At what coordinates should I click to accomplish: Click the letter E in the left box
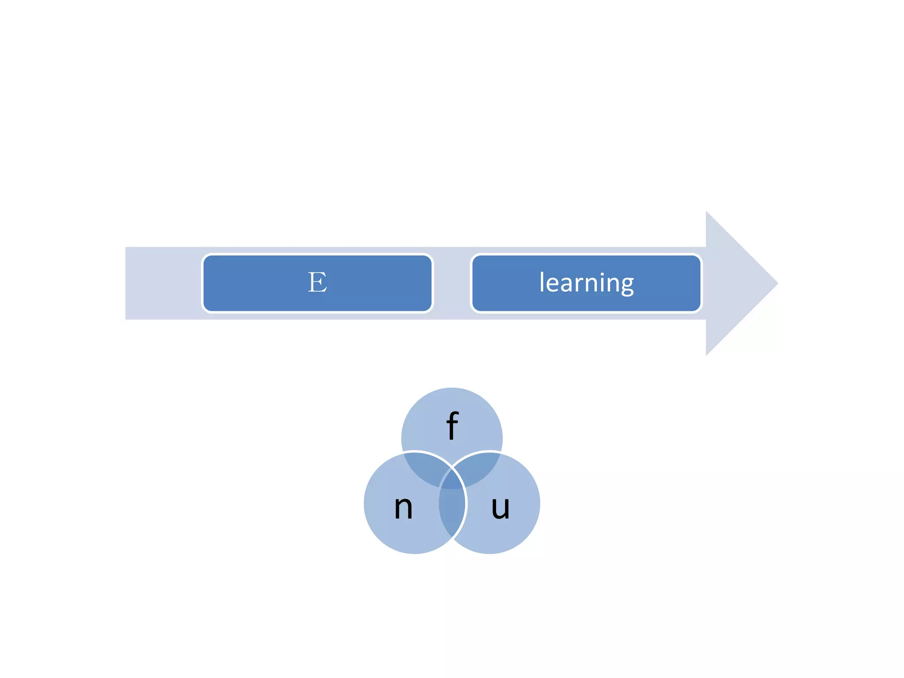[317, 282]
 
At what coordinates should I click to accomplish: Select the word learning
[586, 282]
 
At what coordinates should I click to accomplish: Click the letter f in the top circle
[452, 426]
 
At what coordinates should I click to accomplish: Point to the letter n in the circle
[403, 507]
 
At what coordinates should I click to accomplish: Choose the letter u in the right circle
[500, 507]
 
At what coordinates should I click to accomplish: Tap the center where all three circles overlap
[452, 481]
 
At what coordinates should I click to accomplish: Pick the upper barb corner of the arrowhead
[707, 213]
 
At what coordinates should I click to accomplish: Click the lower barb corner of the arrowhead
[707, 354]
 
